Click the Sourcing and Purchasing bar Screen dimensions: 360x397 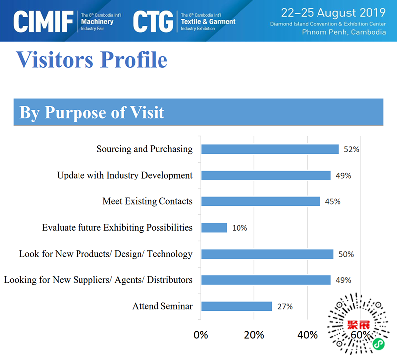[270, 149]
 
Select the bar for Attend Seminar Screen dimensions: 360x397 [237, 306]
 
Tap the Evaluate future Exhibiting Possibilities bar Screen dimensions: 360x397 [214, 228]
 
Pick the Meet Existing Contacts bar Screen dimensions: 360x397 [260, 201]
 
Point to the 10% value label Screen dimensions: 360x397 [239, 228]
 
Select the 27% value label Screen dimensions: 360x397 [285, 306]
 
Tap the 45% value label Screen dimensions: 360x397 [333, 201]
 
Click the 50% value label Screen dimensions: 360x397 [346, 254]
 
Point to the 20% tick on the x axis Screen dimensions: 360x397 [254, 335]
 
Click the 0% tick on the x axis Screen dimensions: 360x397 [201, 335]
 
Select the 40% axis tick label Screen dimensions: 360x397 [307, 335]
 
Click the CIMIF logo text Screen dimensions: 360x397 [44, 21]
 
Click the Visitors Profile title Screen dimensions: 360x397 [92, 60]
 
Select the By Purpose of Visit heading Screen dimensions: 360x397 [92, 112]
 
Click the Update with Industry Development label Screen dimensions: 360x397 [124, 175]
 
